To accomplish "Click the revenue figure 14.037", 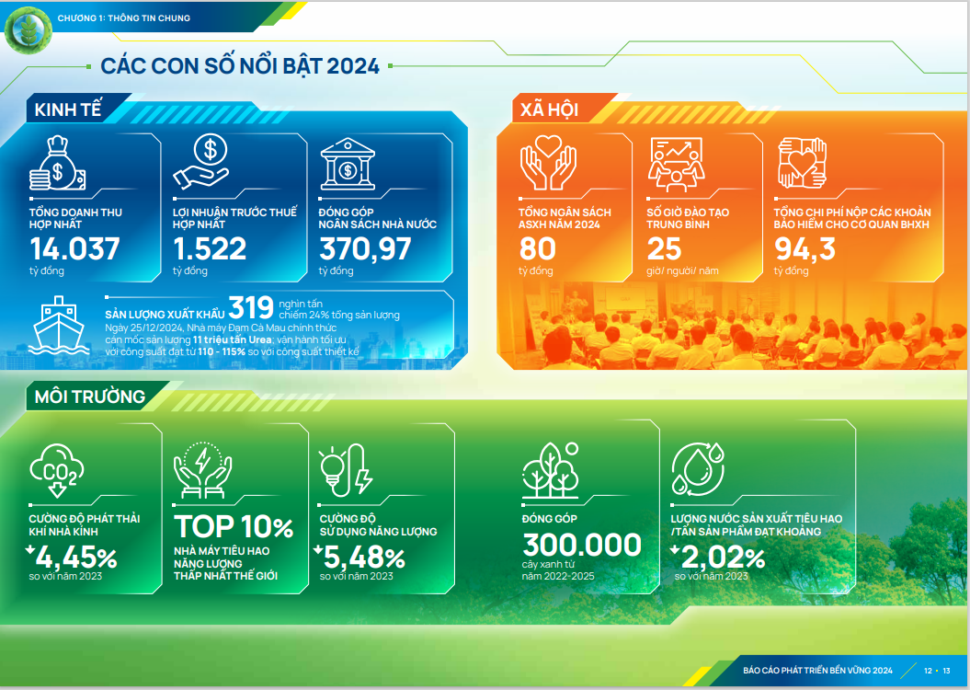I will (x=75, y=249).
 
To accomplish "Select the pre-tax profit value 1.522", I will (x=210, y=249).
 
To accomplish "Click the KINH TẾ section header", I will (x=63, y=110).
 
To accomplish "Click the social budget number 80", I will (x=538, y=249).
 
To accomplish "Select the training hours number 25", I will (x=664, y=249).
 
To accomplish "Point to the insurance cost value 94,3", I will (x=805, y=249).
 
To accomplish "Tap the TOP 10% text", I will (x=234, y=527).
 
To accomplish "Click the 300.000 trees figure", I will (x=582, y=546).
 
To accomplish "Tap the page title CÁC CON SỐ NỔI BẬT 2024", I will (x=239, y=66).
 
